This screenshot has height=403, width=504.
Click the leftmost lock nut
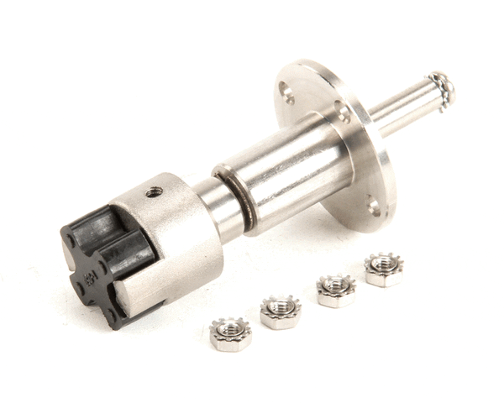point(229,333)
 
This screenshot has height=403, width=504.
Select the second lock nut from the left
point(280,311)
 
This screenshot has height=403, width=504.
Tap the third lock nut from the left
point(335,290)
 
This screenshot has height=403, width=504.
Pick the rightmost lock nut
point(384,270)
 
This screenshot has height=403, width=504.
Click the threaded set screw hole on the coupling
point(154,192)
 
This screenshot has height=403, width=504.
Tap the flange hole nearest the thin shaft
point(343,109)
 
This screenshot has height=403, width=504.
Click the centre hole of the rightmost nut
point(384,265)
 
